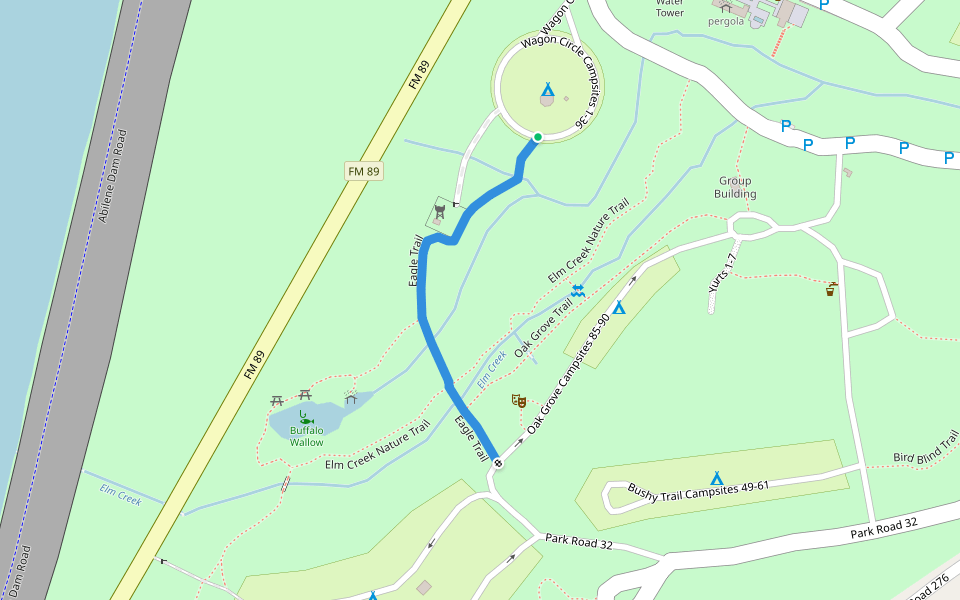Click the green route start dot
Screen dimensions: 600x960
coord(537,137)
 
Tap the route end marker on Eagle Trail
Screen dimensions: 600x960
coord(497,464)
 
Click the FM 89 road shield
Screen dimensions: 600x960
coord(364,171)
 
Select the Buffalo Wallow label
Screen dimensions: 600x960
coord(307,436)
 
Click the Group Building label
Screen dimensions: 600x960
coord(735,188)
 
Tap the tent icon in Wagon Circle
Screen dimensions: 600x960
coord(547,89)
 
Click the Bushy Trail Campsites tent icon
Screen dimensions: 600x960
coord(716,478)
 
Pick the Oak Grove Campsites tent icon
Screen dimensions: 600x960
coord(619,308)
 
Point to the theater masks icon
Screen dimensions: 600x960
coord(518,401)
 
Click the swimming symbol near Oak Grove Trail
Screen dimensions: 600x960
coord(578,290)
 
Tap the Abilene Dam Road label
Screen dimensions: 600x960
coord(112,175)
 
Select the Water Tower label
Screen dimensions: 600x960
coord(669,8)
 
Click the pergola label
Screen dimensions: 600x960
coord(726,21)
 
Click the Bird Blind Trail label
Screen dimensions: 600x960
coord(926,448)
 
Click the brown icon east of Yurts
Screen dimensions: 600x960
coord(831,290)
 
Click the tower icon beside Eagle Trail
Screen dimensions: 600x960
coord(439,213)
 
